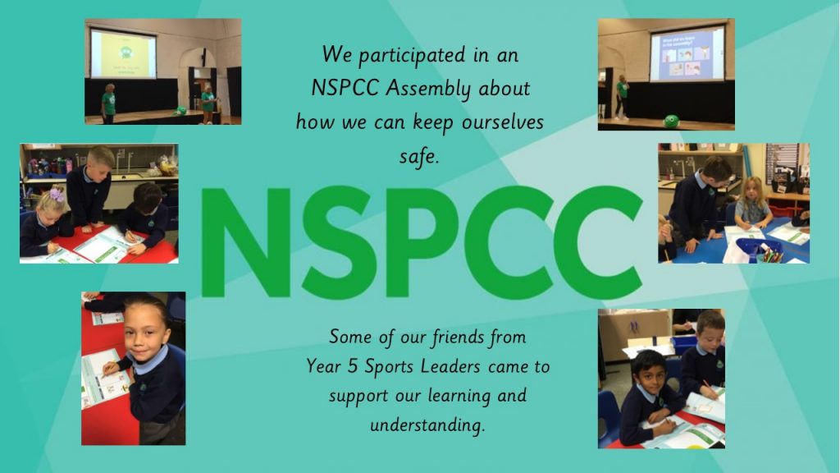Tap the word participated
pyautogui.click(x=413, y=56)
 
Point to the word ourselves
pyautogui.click(x=503, y=123)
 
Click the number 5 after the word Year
pyautogui.click(x=352, y=367)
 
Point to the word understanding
pyautogui.click(x=427, y=425)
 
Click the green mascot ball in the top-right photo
pyautogui.click(x=671, y=121)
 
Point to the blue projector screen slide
pyautogui.click(x=687, y=54)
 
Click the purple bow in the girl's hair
pyautogui.click(x=57, y=194)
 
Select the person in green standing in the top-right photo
pyautogui.click(x=622, y=97)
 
